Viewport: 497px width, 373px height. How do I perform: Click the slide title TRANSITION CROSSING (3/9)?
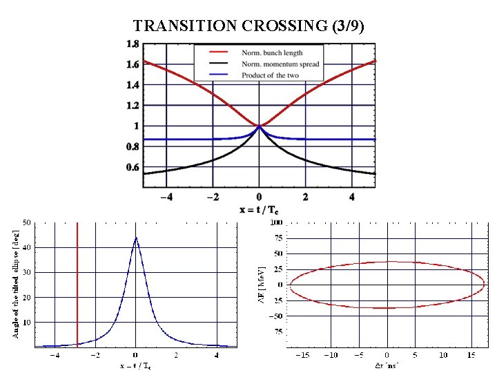[248, 26]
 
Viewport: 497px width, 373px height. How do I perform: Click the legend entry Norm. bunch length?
[272, 52]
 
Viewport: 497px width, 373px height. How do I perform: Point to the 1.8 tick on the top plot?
[132, 44]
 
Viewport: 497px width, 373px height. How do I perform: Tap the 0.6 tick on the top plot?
[132, 167]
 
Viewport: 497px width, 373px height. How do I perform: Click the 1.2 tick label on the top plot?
[132, 105]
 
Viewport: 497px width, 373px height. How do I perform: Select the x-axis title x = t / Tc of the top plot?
[259, 209]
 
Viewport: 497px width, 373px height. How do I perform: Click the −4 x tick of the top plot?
[166, 196]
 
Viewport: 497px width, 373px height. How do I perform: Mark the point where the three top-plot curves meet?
[259, 126]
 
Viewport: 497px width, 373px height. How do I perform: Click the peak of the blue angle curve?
[136, 238]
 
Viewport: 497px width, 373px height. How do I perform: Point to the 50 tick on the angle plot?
[26, 222]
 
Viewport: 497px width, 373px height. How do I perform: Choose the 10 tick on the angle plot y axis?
[26, 323]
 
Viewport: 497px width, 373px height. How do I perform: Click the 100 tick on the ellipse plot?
[275, 222]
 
